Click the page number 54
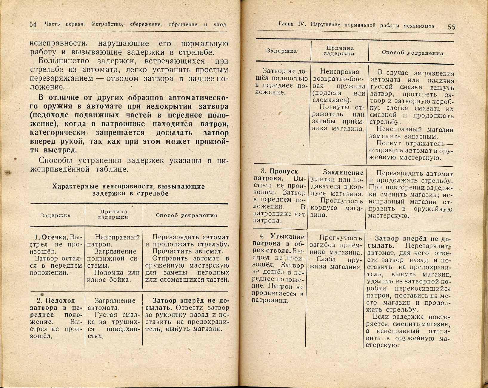(x=33, y=24)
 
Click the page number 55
(x=451, y=27)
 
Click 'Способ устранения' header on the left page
(x=187, y=215)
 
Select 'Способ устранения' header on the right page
(x=412, y=53)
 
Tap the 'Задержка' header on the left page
(x=55, y=215)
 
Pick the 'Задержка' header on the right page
(x=281, y=51)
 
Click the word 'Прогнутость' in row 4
(x=341, y=238)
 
